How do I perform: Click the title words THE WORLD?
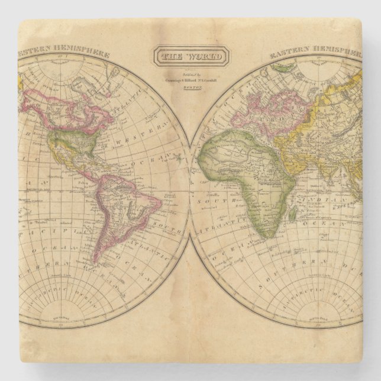coord(190,58)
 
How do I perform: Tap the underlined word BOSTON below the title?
coord(190,86)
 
